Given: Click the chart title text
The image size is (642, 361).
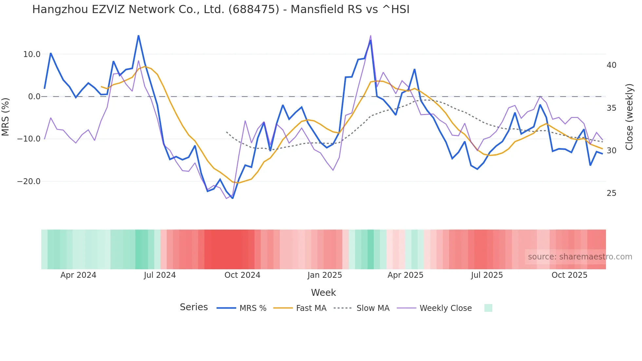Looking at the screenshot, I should click(220, 9).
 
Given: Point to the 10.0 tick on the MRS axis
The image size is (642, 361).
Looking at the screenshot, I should click(31, 54).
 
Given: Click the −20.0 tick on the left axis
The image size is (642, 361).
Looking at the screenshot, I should click(29, 181).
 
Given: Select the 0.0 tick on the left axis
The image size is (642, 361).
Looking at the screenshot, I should click(34, 97).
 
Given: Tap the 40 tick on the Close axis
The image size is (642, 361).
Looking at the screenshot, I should click(611, 65).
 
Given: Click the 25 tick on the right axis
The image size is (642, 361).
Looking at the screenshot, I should click(611, 193).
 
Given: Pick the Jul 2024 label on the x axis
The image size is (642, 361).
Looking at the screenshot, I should click(160, 275).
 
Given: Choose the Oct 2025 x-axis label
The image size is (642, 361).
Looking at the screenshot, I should click(569, 275).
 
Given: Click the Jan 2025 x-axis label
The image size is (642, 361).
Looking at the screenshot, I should click(324, 275).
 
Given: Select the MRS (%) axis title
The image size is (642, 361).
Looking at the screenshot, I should click(6, 117).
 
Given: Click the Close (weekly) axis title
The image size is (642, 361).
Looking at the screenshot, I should click(629, 117).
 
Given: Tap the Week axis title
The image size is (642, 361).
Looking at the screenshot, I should click(323, 293).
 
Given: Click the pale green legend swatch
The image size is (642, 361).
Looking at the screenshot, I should click(488, 308).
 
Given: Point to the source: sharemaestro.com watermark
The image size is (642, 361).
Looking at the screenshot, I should click(580, 257).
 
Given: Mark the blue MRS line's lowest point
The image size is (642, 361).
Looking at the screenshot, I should click(233, 198).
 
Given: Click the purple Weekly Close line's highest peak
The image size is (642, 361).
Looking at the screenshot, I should click(370, 35).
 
